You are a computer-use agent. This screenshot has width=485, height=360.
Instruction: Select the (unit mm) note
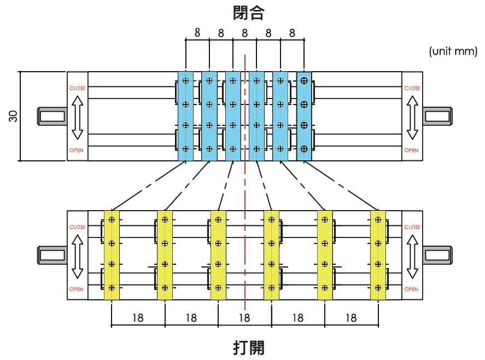pyautogui.click(x=453, y=52)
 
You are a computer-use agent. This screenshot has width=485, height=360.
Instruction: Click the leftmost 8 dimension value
pyautogui.click(x=197, y=33)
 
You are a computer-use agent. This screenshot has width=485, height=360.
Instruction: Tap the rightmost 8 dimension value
pyautogui.click(x=292, y=33)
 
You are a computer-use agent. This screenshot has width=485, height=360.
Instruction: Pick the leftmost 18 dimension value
pyautogui.click(x=138, y=317)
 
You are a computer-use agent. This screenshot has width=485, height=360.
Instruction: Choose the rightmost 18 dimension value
pyautogui.click(x=351, y=317)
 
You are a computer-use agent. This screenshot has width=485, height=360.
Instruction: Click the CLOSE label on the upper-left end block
pyautogui.click(x=77, y=88)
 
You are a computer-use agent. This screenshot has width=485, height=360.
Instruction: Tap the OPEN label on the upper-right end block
pyautogui.click(x=412, y=150)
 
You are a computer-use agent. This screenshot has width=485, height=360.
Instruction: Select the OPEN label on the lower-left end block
pyautogui.click(x=77, y=289)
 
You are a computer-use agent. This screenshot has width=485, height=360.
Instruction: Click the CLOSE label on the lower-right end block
pyautogui.click(x=412, y=227)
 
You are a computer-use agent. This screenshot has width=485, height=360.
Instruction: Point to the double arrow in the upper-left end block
pyautogui.click(x=77, y=118)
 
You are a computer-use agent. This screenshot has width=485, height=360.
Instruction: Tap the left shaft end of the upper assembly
pyautogui.click(x=51, y=116)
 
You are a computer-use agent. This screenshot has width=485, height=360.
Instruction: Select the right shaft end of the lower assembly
pyautogui.click(x=437, y=255)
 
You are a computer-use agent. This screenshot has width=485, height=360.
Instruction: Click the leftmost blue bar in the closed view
pyautogui.click(x=185, y=116)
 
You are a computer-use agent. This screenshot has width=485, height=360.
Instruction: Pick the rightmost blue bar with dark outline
pyautogui.click(x=304, y=116)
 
